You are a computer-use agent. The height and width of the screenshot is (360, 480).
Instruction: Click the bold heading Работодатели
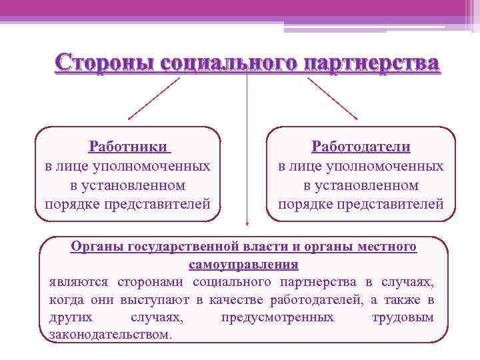(361, 146)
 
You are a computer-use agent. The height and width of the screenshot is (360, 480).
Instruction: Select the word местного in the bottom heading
(387, 247)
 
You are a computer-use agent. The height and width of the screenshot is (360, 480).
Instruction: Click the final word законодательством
(111, 334)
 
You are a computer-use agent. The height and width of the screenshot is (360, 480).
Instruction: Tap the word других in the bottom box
(71, 317)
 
